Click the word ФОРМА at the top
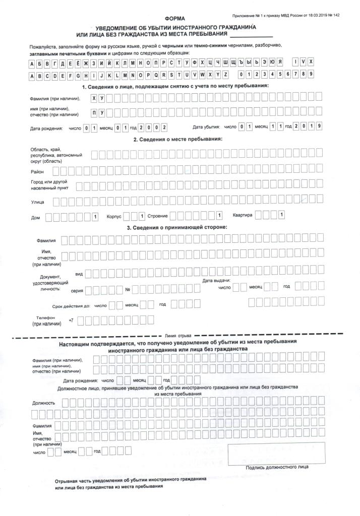(174, 19)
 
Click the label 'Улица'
(37, 202)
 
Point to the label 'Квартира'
(242, 215)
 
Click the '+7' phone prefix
(71, 320)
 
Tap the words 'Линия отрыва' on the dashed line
(178, 335)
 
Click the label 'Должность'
(43, 403)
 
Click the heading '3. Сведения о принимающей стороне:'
(176, 227)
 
